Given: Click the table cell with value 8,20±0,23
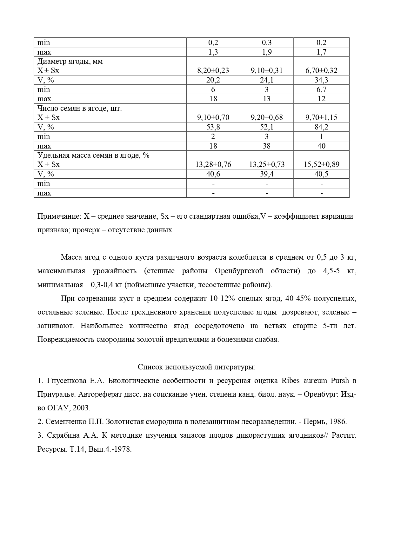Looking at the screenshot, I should coord(213,70).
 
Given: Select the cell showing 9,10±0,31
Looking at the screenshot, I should coord(266,70).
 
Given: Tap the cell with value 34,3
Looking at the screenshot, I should coord(321,80).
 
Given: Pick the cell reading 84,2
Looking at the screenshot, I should coord(321,127).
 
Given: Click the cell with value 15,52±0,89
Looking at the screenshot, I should coord(321,164).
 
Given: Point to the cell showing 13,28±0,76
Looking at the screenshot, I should coord(213,164).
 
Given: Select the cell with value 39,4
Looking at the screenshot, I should coord(266,174).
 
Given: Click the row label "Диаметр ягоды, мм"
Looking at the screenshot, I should coord(70,62).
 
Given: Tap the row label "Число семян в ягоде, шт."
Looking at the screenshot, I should coord(80,109).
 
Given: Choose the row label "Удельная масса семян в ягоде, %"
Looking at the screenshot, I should coord(93,156).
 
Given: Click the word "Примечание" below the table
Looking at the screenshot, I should coord(59,216).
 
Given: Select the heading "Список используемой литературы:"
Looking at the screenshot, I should coord(197,367).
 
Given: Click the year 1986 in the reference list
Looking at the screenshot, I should coord(338,422).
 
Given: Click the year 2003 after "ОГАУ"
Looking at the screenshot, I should coord(81,408).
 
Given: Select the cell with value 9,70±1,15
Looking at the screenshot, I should coord(321,117).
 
